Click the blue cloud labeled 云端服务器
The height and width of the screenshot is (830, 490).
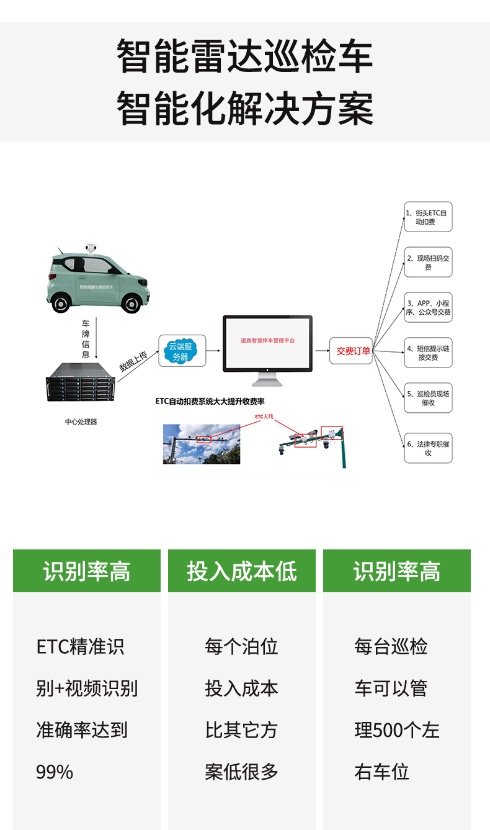(x=180, y=351)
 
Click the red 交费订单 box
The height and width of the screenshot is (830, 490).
(x=352, y=351)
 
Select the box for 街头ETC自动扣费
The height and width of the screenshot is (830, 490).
(x=428, y=217)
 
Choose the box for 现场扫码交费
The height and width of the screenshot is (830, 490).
(x=428, y=262)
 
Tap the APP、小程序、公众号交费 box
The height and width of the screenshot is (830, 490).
(x=428, y=307)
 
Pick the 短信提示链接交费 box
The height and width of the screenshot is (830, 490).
(x=428, y=353)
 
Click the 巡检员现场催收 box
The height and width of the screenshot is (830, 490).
(x=428, y=398)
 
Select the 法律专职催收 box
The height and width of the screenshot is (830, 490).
(x=428, y=448)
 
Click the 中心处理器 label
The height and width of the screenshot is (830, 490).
(x=81, y=422)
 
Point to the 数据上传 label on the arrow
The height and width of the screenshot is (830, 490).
(x=133, y=361)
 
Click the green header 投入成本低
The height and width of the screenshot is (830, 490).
(x=242, y=571)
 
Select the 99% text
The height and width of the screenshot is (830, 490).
(x=55, y=772)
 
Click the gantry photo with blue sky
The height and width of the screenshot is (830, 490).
(x=202, y=444)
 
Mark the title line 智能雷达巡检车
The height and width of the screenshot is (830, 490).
(x=245, y=56)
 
